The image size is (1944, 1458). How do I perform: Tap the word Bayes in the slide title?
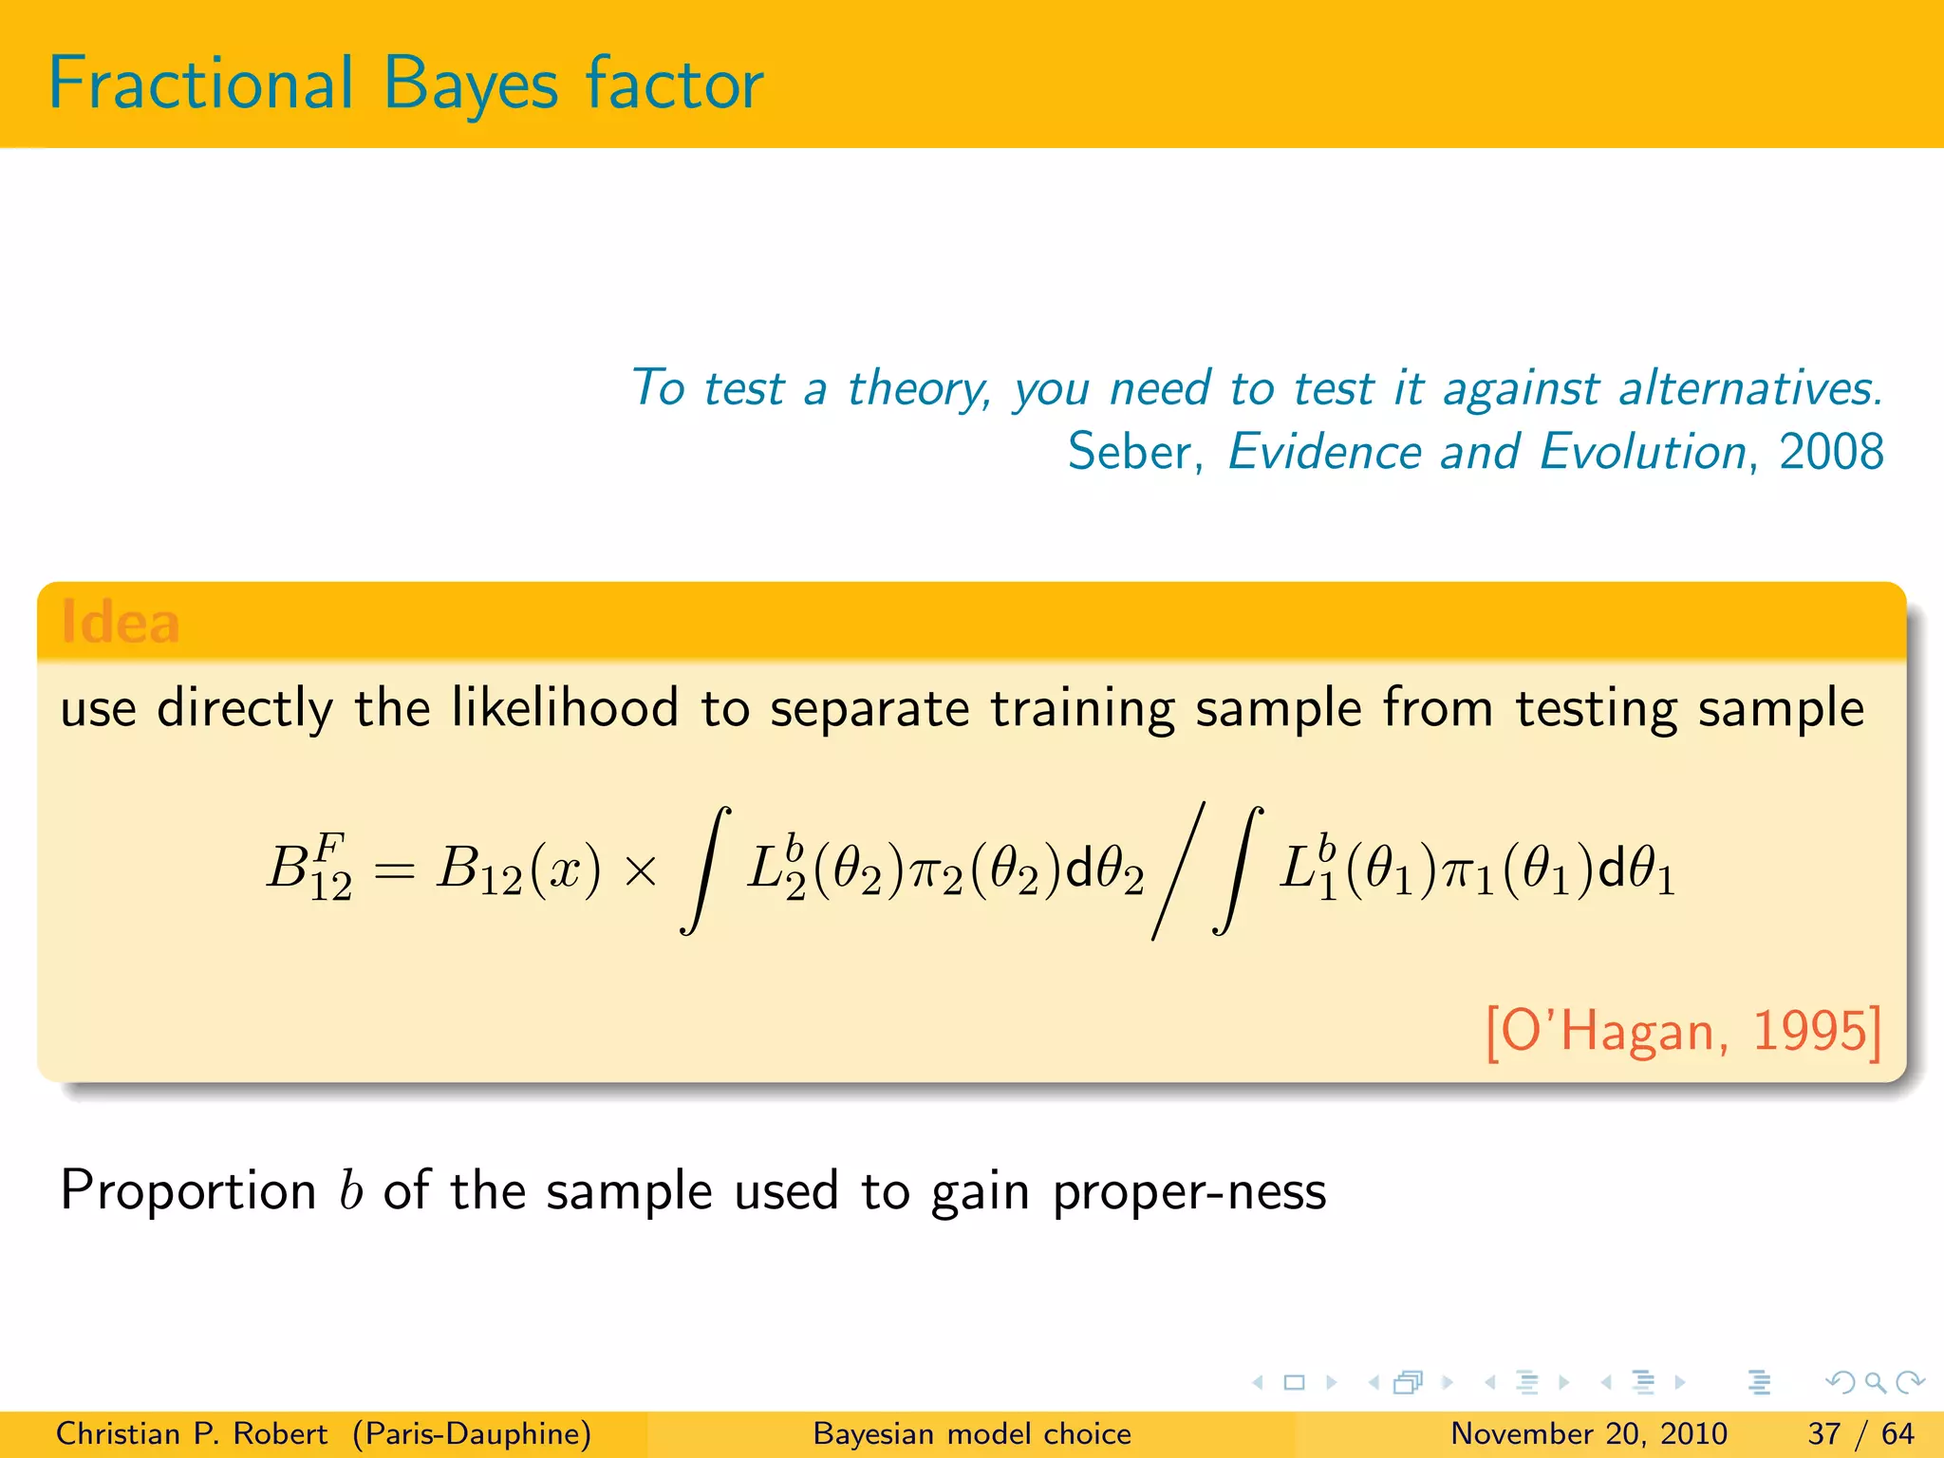(x=471, y=85)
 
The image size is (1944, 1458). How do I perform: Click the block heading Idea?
(x=120, y=623)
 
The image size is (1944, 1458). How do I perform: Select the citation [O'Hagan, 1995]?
(x=1682, y=1031)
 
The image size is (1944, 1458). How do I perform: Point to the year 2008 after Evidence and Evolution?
(x=1831, y=452)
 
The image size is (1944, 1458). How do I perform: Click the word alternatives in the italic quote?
(x=1749, y=388)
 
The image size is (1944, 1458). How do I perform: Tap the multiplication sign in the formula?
(x=642, y=870)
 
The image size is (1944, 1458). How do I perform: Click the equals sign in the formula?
(x=393, y=870)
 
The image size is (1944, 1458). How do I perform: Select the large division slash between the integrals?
(x=1178, y=870)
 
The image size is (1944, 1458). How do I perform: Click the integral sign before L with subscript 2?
(x=705, y=870)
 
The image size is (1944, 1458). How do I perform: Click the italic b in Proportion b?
(x=350, y=1190)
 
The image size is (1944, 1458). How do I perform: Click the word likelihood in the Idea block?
(x=565, y=708)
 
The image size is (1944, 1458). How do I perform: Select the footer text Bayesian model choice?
(x=972, y=1433)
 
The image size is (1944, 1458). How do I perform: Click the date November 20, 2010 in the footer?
(x=1588, y=1433)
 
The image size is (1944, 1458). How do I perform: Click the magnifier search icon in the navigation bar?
(x=1875, y=1382)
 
